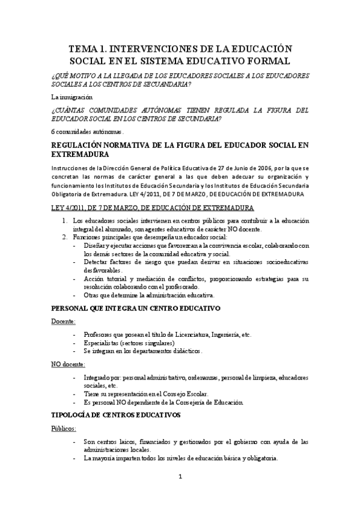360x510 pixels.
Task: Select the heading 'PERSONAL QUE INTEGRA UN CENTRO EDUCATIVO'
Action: pyautogui.click(x=136, y=308)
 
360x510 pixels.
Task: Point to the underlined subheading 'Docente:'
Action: pyautogui.click(x=63, y=321)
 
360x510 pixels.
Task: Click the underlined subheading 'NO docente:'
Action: pyautogui.click(x=68, y=364)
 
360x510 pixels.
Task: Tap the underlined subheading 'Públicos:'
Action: pyautogui.click(x=64, y=429)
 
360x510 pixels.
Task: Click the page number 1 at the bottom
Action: pyautogui.click(x=180, y=478)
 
